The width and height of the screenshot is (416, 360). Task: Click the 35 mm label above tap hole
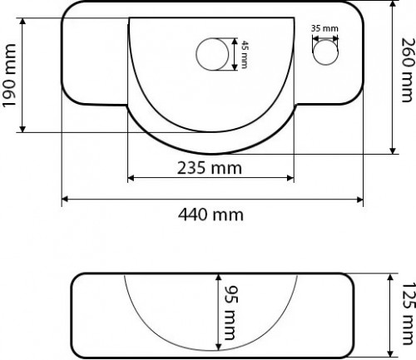coord(324,29)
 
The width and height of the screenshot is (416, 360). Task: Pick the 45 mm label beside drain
coord(245,56)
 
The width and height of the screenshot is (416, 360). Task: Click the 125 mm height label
coord(406,312)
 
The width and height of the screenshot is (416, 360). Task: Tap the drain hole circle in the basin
coord(210,55)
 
